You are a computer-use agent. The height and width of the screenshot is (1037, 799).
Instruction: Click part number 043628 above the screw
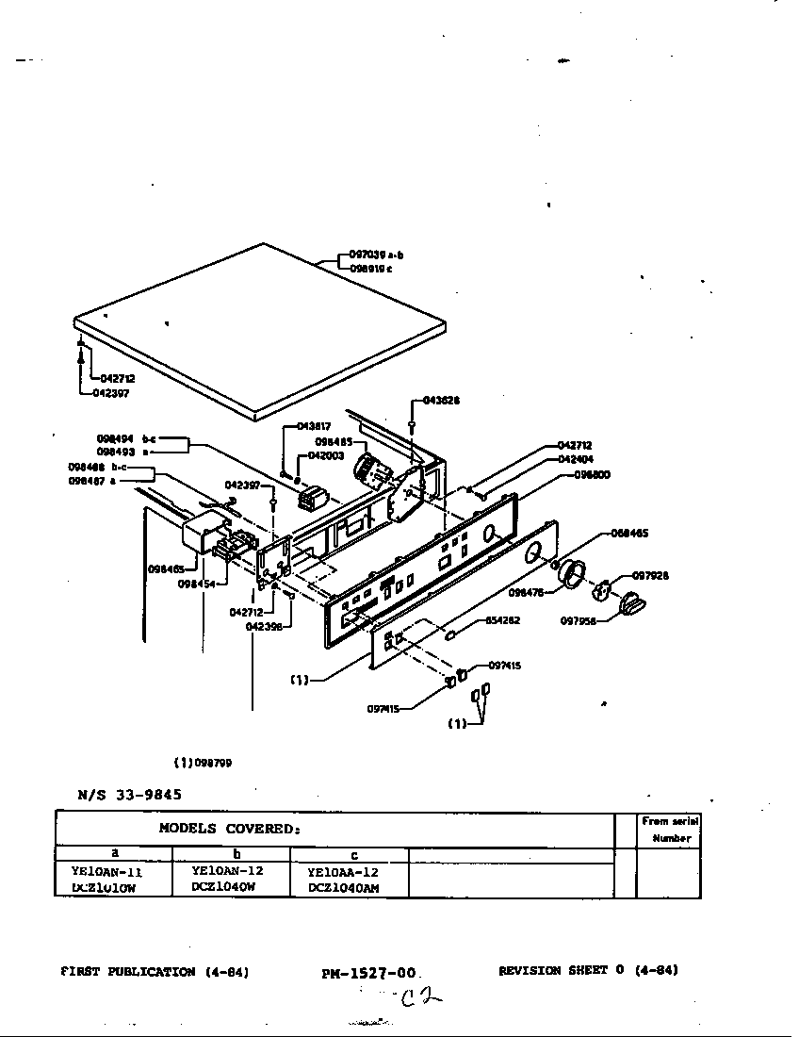point(440,401)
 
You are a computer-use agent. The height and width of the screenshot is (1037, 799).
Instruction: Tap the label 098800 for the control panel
point(591,475)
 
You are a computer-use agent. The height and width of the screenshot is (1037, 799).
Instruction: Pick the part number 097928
point(649,575)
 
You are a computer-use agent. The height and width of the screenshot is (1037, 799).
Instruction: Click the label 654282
point(502,620)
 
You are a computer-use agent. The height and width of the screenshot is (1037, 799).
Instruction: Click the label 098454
point(195,584)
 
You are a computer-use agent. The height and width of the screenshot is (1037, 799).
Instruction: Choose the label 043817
point(314,426)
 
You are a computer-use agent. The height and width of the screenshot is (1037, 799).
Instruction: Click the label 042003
point(326,455)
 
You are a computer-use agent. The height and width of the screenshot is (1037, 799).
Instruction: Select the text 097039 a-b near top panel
point(376,255)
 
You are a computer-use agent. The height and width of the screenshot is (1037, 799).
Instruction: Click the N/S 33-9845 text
point(129,794)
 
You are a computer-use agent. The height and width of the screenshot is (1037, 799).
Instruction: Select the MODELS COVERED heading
point(229,829)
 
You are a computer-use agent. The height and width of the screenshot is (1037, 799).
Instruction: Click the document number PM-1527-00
point(368,973)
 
